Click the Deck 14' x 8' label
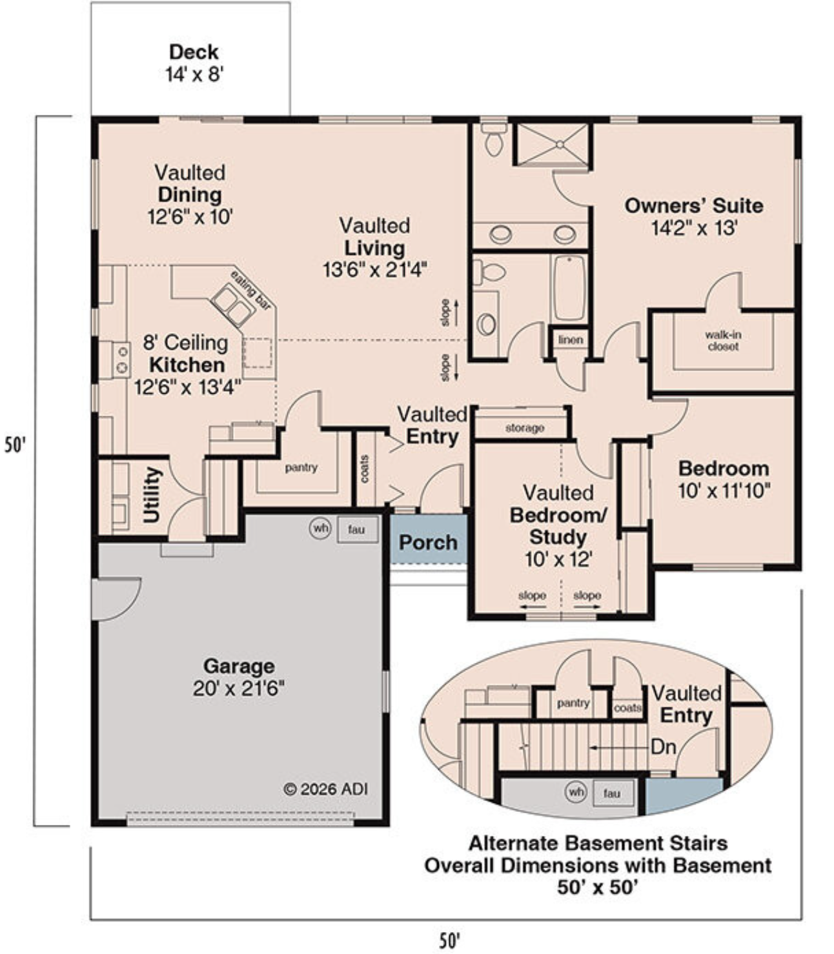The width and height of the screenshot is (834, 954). [x=194, y=63]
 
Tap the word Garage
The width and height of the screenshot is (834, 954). [x=239, y=665]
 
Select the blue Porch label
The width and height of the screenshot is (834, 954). [x=428, y=542]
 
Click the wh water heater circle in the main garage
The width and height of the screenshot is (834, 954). [x=321, y=528]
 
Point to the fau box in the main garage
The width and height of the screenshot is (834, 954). [x=358, y=529]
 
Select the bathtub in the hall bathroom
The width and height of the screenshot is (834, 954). [x=570, y=287]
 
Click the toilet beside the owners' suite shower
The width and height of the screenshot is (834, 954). [x=494, y=139]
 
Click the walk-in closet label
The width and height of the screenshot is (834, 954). [x=723, y=340]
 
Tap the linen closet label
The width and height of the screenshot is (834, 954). [x=571, y=340]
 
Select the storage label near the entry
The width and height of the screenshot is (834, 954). [x=525, y=427]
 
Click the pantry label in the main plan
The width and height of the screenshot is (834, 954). [x=301, y=467]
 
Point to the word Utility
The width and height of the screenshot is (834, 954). [x=152, y=495]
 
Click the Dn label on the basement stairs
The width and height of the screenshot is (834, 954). [x=663, y=747]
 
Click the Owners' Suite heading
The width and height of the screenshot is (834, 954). [x=694, y=206]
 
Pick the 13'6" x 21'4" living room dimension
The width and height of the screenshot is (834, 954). [x=375, y=270]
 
